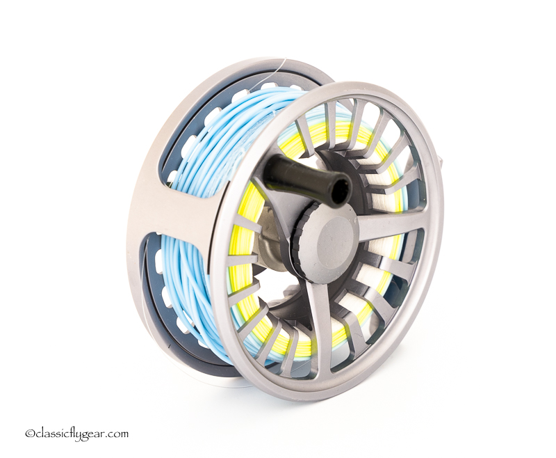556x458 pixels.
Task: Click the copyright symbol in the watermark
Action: click(29, 434)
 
